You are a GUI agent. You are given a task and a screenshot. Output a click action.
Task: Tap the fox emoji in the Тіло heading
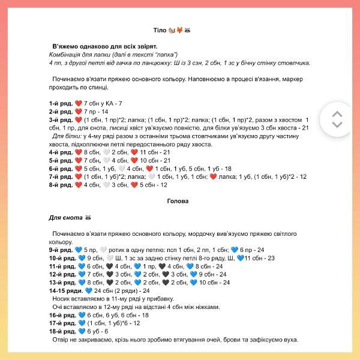[179, 29]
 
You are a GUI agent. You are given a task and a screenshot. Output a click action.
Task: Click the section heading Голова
[178, 201]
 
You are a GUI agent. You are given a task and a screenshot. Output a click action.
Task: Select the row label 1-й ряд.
[61, 103]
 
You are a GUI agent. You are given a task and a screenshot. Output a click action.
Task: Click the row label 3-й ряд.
[61, 119]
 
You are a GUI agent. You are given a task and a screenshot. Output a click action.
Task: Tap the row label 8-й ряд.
[61, 185]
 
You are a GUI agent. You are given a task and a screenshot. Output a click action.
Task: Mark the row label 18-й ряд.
[62, 331]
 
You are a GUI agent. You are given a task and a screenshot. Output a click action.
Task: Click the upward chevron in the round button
[337, 113]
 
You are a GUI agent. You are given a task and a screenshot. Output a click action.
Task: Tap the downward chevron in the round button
[337, 125]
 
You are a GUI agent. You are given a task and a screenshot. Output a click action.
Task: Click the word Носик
[64, 298]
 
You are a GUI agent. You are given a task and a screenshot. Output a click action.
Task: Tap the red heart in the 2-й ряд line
[78, 112]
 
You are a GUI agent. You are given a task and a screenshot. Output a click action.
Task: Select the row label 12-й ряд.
[62, 274]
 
